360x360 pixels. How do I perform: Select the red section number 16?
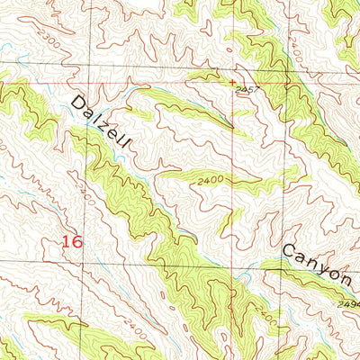coord(75,240)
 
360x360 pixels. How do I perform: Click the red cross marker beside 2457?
coord(233,82)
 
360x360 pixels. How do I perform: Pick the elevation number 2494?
coord(349,304)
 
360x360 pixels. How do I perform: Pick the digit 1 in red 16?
coord(67,240)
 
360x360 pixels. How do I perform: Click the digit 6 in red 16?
coord(80,240)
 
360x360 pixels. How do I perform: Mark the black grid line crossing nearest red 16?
coord(91,263)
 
